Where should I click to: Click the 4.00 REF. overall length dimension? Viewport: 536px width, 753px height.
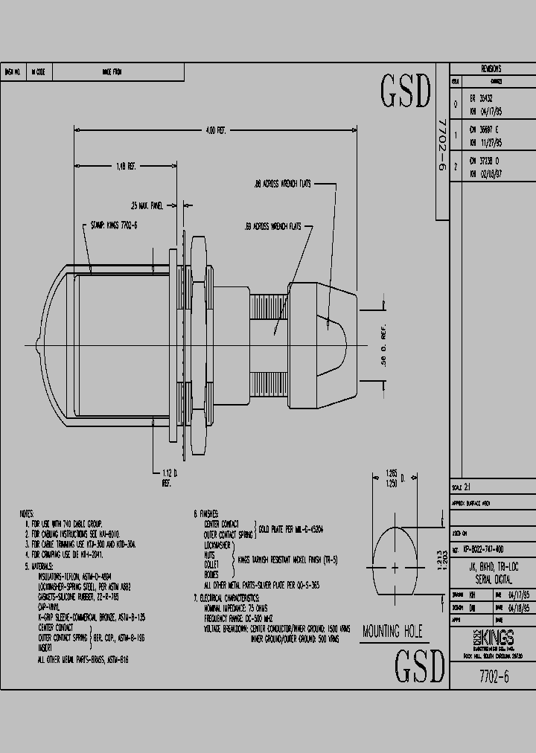tap(215, 130)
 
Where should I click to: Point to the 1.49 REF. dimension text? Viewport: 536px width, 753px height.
tap(125, 166)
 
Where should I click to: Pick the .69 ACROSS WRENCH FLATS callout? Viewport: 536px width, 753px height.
tap(272, 225)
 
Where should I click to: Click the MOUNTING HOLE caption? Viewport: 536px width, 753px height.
tap(392, 632)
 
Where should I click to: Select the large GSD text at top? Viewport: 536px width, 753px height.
tap(406, 92)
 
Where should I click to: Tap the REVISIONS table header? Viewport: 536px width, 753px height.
tap(491, 68)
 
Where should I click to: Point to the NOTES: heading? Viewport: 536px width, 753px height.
tap(28, 514)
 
